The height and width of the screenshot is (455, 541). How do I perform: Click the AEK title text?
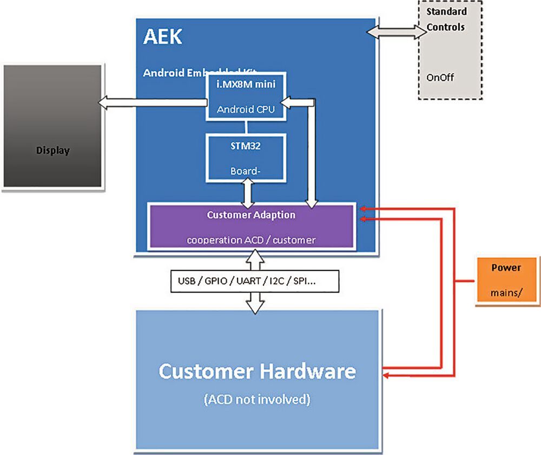(163, 37)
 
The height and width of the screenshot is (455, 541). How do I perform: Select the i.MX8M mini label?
(246, 83)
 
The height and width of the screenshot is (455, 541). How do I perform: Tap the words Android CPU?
(246, 109)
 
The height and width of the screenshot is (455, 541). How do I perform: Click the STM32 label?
(246, 145)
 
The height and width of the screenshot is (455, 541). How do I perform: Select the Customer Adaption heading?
(251, 215)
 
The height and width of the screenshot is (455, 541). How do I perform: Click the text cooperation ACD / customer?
(251, 239)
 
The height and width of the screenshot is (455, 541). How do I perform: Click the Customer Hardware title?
(258, 372)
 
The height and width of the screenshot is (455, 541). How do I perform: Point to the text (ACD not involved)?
(257, 400)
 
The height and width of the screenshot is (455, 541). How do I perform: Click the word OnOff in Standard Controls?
(440, 77)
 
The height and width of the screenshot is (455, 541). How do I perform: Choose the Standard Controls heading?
(446, 19)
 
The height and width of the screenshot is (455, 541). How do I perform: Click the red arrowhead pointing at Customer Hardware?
(387, 373)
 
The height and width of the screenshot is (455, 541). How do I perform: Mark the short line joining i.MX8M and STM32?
(246, 127)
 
